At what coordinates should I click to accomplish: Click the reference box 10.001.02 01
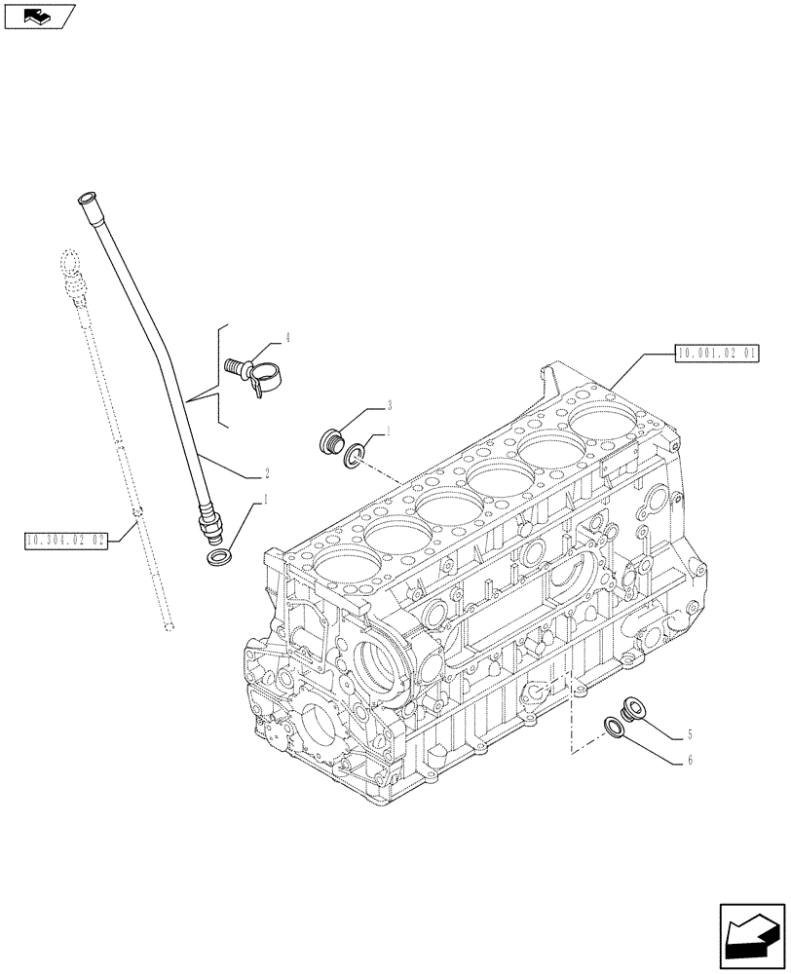(x=716, y=353)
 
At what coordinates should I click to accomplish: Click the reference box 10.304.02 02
(x=67, y=538)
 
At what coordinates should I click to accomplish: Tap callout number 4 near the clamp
(x=287, y=339)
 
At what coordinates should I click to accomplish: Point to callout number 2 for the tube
(x=266, y=475)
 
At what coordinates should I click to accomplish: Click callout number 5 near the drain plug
(x=689, y=734)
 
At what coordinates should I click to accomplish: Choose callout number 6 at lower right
(x=690, y=761)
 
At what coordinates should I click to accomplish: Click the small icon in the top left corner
(x=38, y=15)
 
